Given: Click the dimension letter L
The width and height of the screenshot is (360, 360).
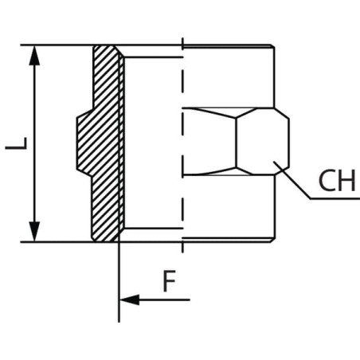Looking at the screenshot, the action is [16, 143].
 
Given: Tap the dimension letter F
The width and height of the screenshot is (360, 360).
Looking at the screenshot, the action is [169, 281].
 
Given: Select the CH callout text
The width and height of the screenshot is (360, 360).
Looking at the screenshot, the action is [337, 181].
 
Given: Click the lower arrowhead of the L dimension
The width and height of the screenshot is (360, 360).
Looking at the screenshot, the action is [34, 232].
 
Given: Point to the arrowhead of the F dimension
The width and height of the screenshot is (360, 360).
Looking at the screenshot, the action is [130, 299].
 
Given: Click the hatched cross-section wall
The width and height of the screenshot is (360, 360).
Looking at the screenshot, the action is [106, 143].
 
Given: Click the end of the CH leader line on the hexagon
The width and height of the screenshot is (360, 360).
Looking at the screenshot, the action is [274, 162].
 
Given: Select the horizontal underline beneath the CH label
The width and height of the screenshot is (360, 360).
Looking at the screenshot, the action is [335, 198].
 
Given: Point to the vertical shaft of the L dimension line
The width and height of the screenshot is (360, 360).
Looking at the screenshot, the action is [34, 143].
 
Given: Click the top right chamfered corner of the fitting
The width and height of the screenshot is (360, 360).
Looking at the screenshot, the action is [272, 46].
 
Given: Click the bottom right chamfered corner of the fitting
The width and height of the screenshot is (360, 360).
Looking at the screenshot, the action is [272, 241].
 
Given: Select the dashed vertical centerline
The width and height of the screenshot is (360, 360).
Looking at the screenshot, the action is [182, 145].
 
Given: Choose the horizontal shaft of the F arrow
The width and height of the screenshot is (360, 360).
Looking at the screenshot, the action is [165, 299].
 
